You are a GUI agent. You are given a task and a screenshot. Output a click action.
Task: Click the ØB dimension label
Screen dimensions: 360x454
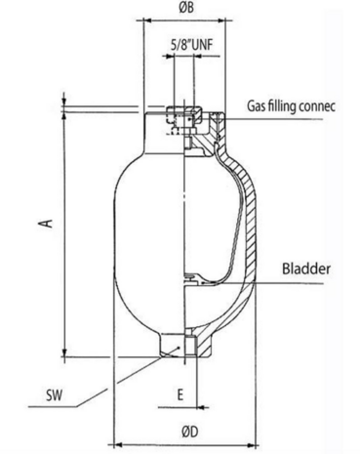(x=186, y=8)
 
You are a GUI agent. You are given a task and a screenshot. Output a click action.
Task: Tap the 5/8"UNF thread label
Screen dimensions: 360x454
(x=192, y=45)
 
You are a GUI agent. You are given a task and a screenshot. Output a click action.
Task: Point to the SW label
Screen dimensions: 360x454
(x=54, y=395)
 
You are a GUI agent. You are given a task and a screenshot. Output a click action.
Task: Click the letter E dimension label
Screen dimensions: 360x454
(x=180, y=394)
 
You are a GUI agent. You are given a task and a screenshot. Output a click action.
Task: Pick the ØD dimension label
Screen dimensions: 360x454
(x=190, y=432)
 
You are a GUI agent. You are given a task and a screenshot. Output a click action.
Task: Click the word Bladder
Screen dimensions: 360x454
(x=306, y=268)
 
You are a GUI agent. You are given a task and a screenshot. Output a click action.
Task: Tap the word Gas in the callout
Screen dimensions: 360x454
(x=257, y=106)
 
